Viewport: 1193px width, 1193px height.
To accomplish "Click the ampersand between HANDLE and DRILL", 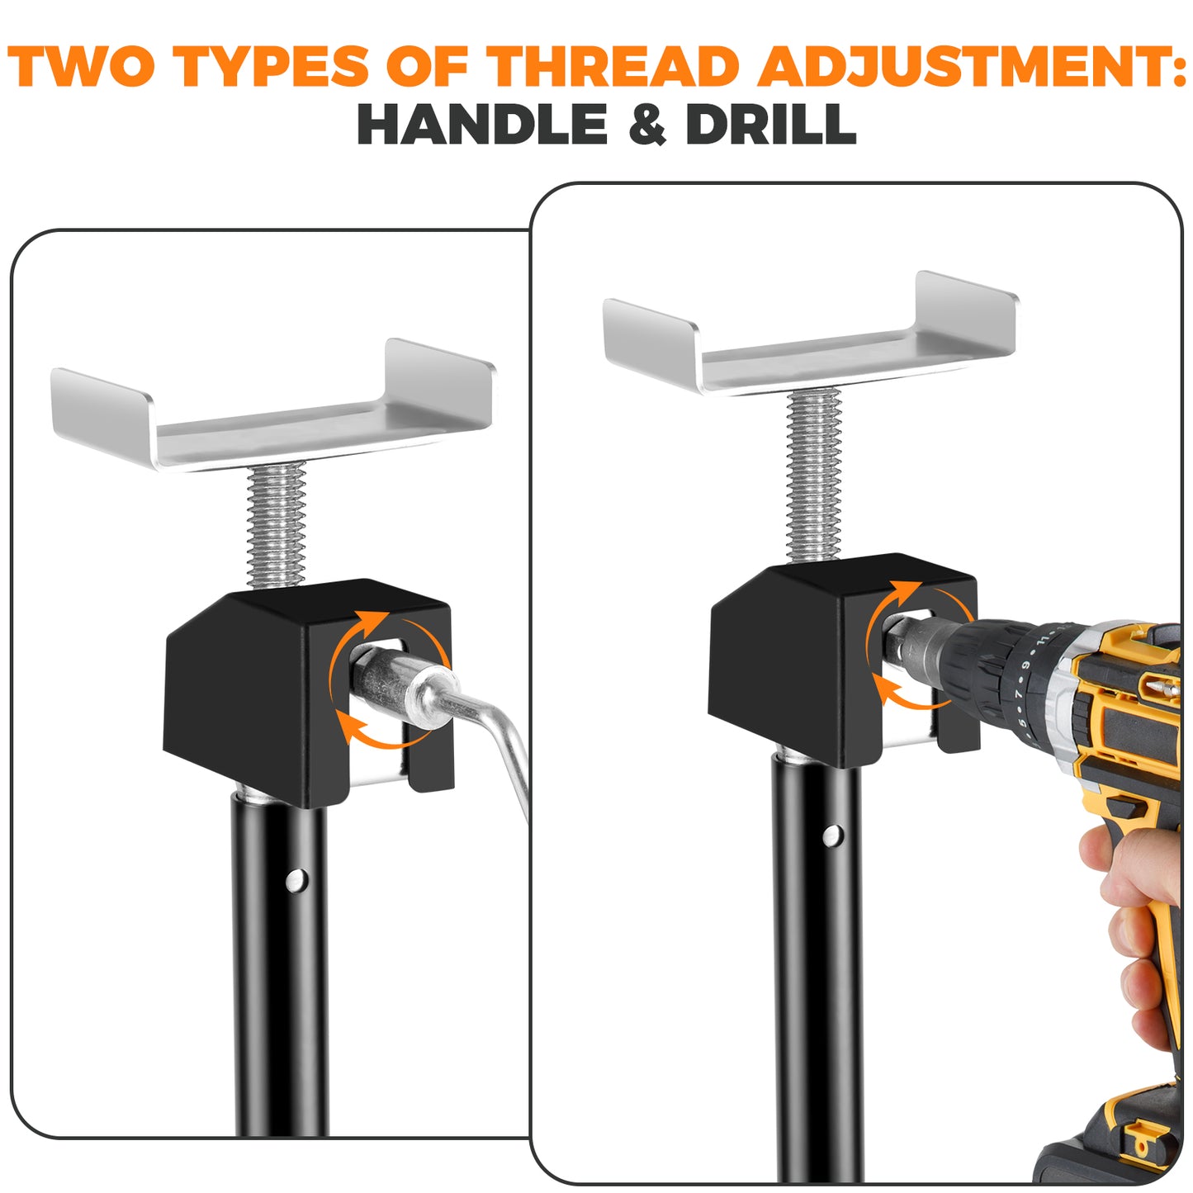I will pyautogui.click(x=646, y=125).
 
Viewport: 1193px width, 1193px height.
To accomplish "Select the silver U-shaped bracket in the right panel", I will pyautogui.click(x=809, y=338).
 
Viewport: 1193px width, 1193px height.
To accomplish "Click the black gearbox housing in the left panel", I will pyautogui.click(x=239, y=694).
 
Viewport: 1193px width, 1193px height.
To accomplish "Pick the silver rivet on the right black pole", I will pyautogui.click(x=832, y=836).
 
